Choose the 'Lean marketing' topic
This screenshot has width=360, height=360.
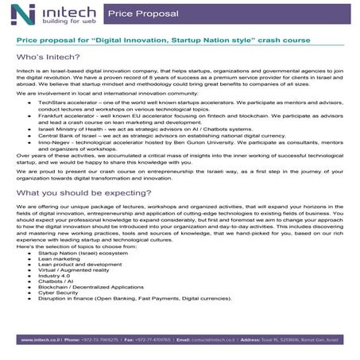59,261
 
